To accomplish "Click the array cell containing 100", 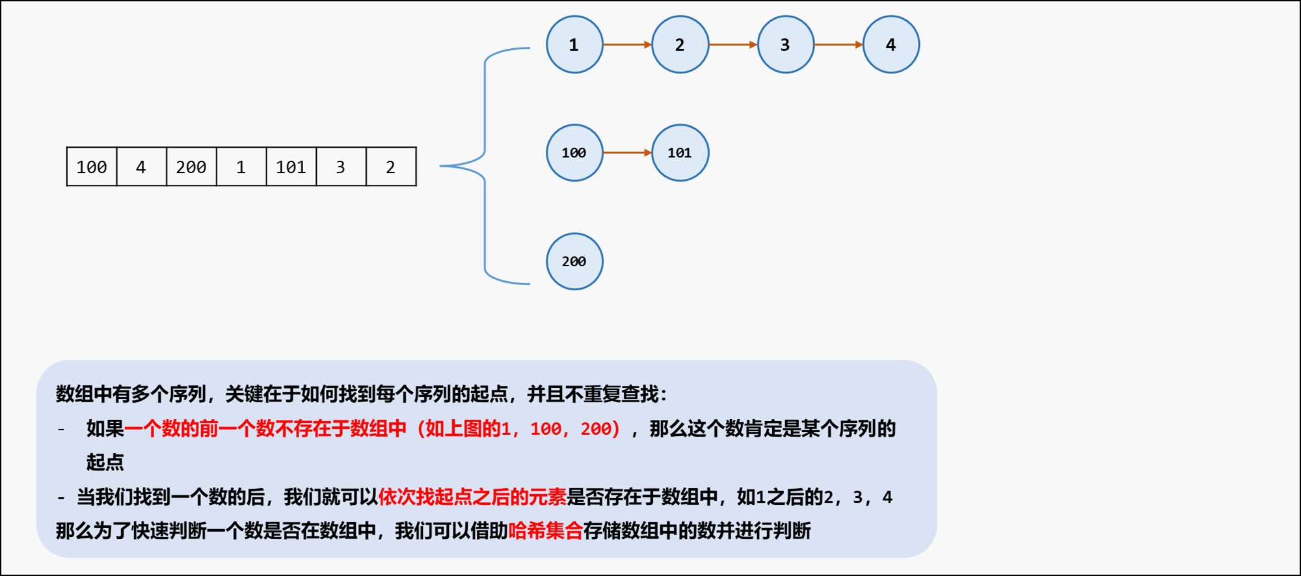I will (x=92, y=167).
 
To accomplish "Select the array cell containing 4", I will (x=141, y=167).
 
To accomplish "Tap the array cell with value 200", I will (x=191, y=167).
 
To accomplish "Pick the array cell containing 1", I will (x=241, y=167).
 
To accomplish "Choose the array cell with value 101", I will (x=291, y=167).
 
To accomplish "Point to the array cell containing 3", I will (x=341, y=167).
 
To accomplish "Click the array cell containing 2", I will (x=391, y=167).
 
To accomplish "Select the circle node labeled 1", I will (x=574, y=44).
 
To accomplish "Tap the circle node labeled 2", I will (x=680, y=44).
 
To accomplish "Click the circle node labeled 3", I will (x=785, y=44).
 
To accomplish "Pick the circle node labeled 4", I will (x=891, y=44).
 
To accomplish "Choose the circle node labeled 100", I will (x=574, y=152).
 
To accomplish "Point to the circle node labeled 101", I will (x=680, y=152).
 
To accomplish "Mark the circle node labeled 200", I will (x=574, y=261).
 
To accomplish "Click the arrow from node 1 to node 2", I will (x=627, y=44).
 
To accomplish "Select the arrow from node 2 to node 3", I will (x=732, y=44).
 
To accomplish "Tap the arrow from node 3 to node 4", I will (x=838, y=44).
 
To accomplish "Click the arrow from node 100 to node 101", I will (x=627, y=152).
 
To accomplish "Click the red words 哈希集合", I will (x=545, y=530).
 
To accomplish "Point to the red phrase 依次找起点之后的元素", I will (x=472, y=497).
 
